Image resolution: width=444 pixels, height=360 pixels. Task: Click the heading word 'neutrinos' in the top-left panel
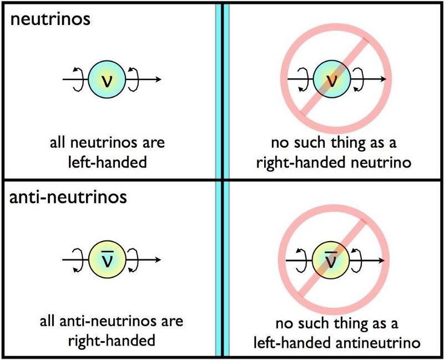pos(51,19)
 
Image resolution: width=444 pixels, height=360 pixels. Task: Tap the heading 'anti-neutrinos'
pos(68,197)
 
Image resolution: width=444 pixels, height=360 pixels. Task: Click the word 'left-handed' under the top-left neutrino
pos(108,163)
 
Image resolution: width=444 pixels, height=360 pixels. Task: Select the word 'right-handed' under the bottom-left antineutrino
pos(112,341)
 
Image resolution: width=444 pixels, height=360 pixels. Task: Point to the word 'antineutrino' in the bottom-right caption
pos(376,343)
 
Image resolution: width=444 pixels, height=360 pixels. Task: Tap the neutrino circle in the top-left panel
pos(107,79)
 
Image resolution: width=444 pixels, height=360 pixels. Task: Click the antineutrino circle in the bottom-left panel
pos(107,259)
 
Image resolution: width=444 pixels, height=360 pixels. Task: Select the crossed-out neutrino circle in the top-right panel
pos(332,79)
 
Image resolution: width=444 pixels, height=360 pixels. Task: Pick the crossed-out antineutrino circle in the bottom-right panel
pos(330,260)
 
